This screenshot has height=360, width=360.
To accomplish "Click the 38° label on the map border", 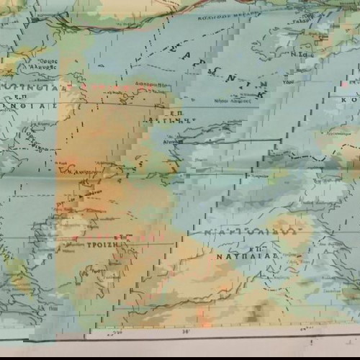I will coord(186,332).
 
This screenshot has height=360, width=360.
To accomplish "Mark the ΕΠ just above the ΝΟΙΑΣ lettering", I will coord(36,94).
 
